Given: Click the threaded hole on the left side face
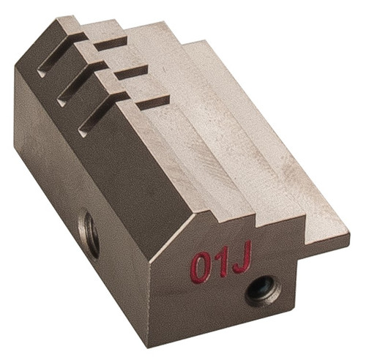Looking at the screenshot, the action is tap(89, 233).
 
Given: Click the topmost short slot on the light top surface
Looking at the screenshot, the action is tap(111, 44).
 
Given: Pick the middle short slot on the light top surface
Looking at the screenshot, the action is tap(132, 72).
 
